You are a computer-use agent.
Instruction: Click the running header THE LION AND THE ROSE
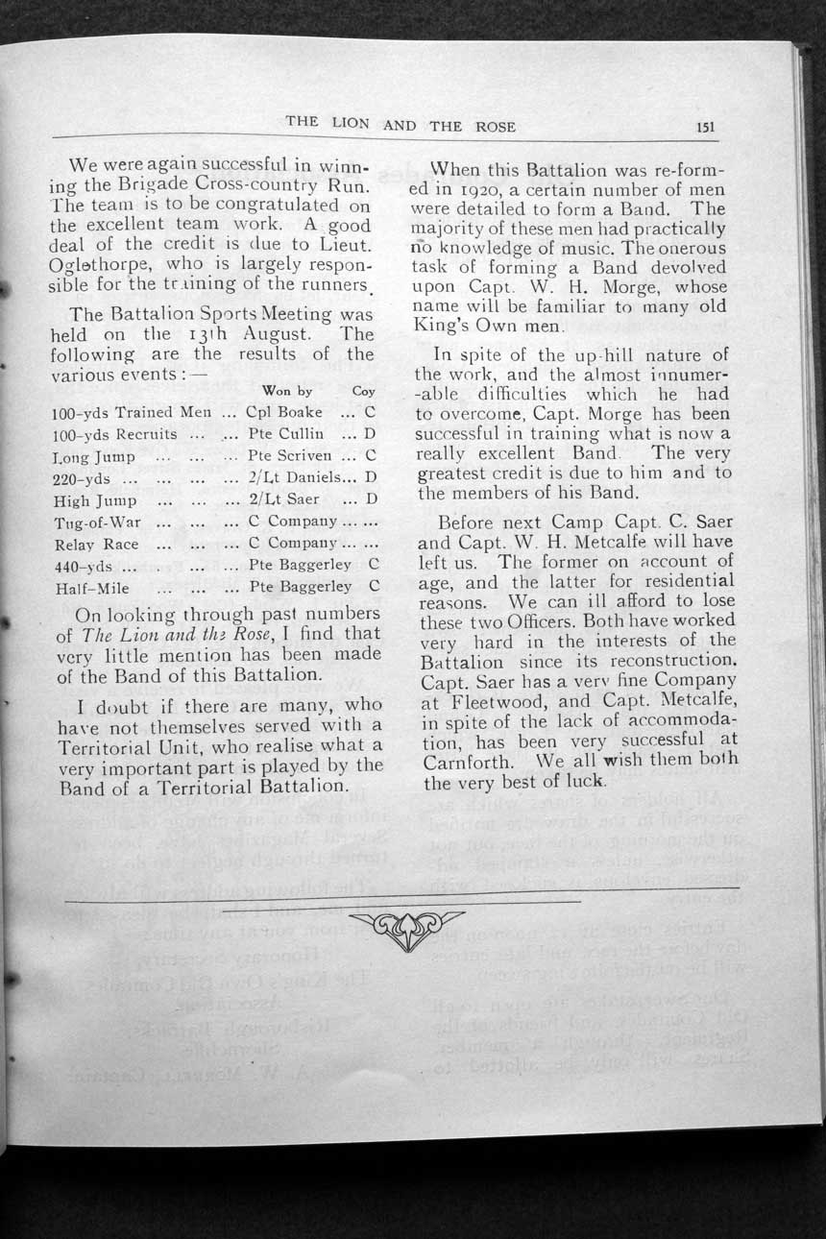click(401, 125)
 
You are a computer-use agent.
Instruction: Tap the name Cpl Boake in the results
click(284, 412)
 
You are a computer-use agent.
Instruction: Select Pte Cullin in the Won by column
click(285, 434)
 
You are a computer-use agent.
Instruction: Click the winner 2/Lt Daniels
click(289, 477)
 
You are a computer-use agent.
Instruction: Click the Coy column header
click(364, 391)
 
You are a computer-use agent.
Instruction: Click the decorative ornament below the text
click(404, 928)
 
